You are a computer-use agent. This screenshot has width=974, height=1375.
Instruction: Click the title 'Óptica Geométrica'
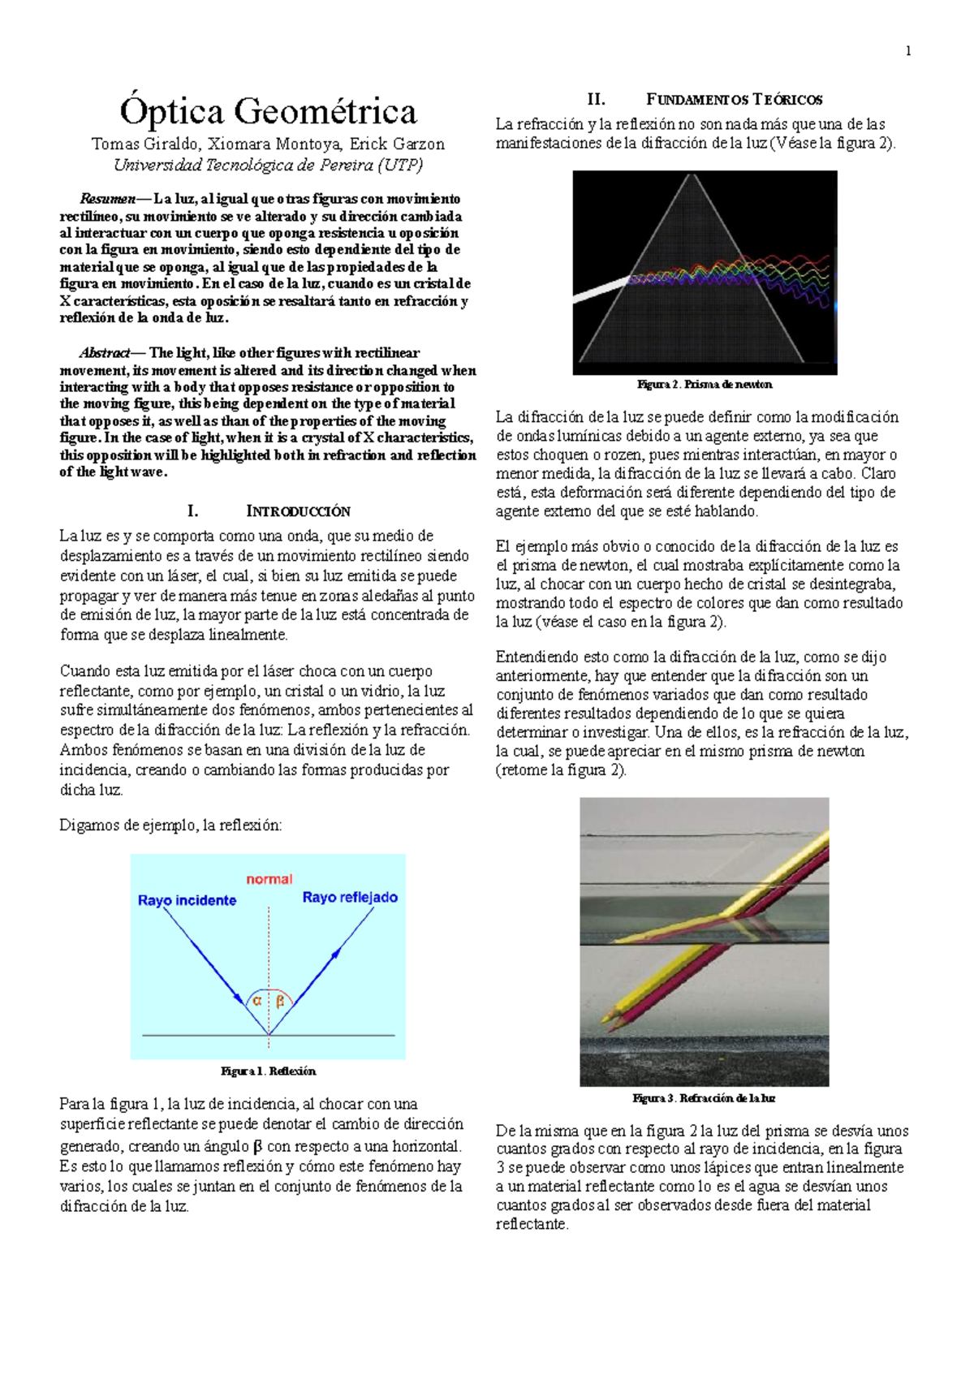click(268, 112)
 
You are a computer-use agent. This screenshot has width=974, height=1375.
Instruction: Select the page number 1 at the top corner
click(908, 51)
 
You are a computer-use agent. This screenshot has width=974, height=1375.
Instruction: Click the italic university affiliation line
click(268, 165)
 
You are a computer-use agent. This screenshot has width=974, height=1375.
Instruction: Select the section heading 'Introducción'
click(298, 511)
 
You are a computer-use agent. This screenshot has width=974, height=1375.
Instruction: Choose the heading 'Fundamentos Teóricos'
click(734, 100)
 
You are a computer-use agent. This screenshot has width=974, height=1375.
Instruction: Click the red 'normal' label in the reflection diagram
click(269, 879)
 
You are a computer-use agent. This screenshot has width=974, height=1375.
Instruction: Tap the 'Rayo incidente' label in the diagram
click(187, 900)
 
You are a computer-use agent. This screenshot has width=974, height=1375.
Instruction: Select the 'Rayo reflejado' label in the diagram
click(350, 897)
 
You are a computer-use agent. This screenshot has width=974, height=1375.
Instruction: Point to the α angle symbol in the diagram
click(257, 1002)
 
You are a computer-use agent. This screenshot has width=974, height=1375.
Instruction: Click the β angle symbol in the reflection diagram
click(280, 1002)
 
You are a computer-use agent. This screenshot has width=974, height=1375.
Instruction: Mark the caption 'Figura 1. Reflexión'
click(268, 1071)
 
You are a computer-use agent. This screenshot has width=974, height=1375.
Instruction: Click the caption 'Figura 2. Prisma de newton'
click(705, 385)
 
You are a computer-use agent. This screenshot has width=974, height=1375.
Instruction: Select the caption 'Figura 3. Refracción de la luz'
click(704, 1098)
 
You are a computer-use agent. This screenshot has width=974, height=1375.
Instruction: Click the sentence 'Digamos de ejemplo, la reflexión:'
click(170, 825)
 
